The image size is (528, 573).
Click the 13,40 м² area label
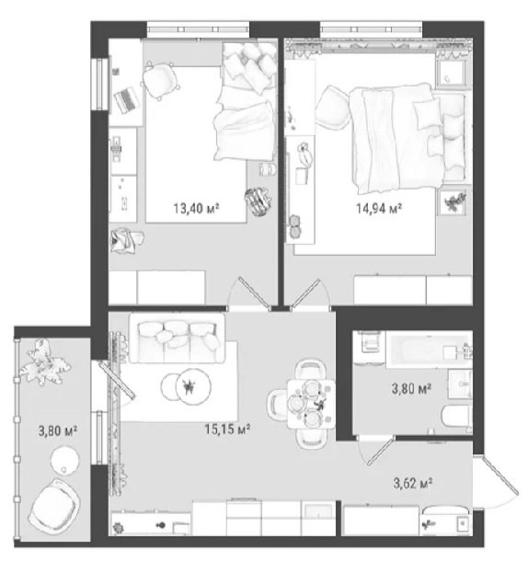196,208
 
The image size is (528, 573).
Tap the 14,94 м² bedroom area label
379,208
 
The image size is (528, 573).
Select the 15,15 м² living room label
227,429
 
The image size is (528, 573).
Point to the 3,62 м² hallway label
413,483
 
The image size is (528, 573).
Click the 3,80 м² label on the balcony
58,430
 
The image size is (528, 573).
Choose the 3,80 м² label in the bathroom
411,388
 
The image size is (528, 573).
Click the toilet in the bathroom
457,417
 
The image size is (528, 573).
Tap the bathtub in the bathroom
429,350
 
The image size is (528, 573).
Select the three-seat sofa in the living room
177,338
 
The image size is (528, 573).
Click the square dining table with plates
311,404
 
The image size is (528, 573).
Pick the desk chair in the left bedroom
160,81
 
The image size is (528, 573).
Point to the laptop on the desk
127,99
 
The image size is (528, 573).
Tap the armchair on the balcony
55,505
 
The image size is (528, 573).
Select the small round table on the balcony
64,460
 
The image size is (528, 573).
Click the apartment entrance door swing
497,482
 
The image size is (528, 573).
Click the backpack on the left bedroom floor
258,201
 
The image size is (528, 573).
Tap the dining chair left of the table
277,405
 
